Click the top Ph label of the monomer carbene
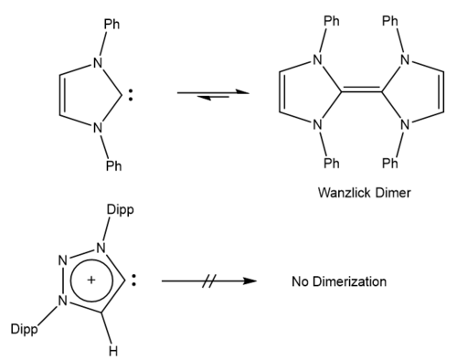pos(112,24)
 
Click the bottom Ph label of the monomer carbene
pos(114,165)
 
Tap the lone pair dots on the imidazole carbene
pos(131,95)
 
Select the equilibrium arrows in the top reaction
pos(213,94)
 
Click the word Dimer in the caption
pos(393,193)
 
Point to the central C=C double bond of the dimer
pos(361,89)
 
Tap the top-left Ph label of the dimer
pos(332,21)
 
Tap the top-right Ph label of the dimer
pos(390,21)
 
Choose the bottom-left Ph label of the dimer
pos(332,164)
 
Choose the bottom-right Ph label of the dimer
pos(390,164)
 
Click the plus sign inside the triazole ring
pos(91,280)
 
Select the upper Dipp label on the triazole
pos(121,211)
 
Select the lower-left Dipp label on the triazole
pos(25,330)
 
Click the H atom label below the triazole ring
pos(113,352)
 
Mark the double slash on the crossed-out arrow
pos(209,281)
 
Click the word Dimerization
pos(350,281)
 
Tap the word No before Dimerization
pos(300,281)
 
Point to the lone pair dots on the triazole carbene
pos(133,280)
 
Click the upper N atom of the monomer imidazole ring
pos(98,63)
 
